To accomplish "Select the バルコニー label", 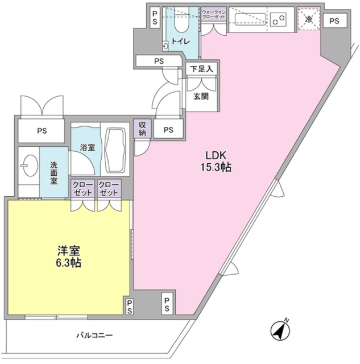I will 94,336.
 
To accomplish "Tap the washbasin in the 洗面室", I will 27,167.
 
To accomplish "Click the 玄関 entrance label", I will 200,96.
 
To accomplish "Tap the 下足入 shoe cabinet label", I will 200,69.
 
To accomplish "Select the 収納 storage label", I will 141,129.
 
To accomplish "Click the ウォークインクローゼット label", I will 214,15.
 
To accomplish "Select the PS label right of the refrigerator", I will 334,21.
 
